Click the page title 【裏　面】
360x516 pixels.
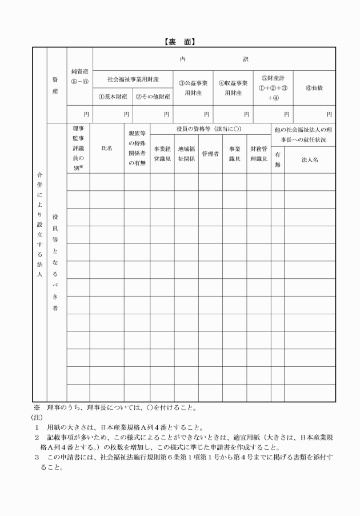tap(179, 42)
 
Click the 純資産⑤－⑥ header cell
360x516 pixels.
tap(79, 77)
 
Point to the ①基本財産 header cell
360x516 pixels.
tap(113, 96)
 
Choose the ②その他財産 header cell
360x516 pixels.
tap(153, 96)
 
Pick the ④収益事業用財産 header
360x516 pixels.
tap(233, 87)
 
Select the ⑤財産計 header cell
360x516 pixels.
tap(273, 87)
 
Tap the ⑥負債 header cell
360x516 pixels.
tap(314, 87)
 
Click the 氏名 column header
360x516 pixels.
tap(106, 148)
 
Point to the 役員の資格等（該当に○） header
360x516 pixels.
tap(210, 130)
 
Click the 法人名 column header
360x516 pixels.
tap(310, 160)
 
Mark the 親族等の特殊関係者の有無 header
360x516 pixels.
tap(137, 148)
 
